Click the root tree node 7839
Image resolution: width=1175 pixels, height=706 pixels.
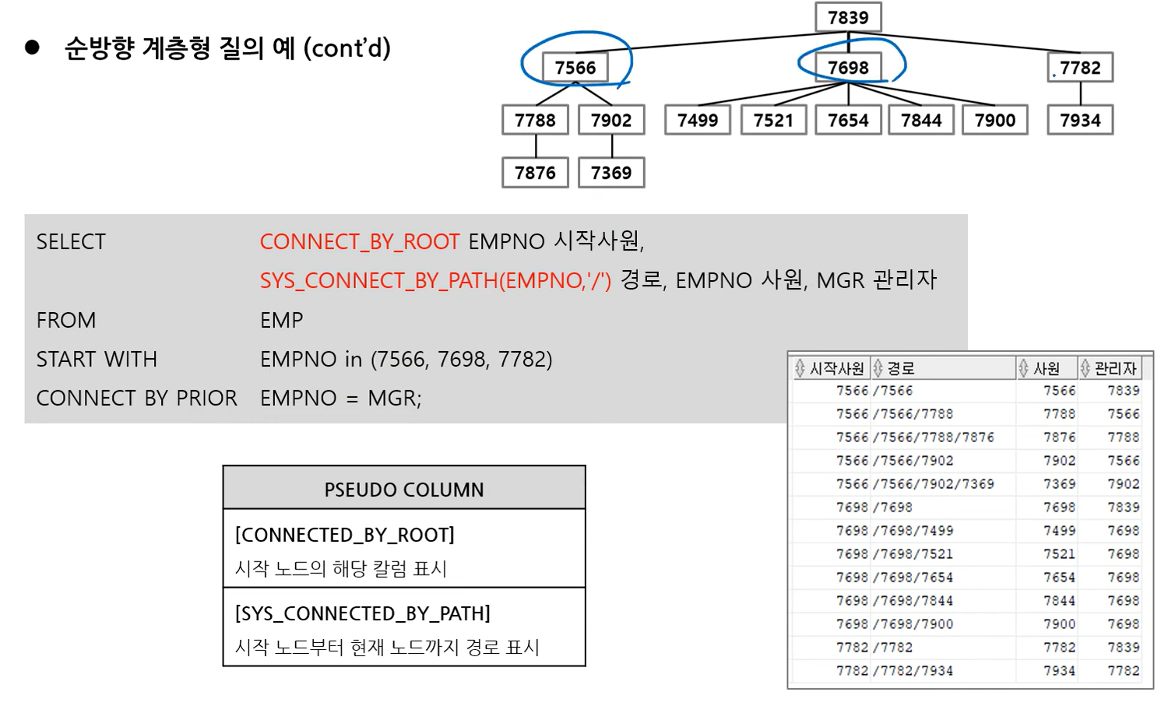click(848, 17)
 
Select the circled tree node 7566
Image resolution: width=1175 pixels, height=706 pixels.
click(575, 68)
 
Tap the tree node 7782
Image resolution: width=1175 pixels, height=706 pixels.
click(1080, 68)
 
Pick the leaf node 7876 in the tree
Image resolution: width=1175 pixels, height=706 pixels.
click(535, 172)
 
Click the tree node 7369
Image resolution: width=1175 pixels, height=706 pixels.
click(611, 172)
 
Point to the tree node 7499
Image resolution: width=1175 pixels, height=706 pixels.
click(698, 120)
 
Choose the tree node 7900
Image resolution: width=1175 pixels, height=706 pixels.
click(995, 120)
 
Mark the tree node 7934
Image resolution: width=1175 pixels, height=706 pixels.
click(1080, 120)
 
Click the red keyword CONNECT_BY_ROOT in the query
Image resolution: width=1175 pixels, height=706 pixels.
click(360, 241)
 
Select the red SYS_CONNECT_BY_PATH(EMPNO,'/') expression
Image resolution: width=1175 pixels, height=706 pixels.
click(435, 280)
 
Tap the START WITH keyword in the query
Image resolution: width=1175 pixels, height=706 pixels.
click(97, 359)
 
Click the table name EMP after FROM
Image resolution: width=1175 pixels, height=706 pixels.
click(282, 320)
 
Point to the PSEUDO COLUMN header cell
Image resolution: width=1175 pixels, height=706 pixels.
click(404, 489)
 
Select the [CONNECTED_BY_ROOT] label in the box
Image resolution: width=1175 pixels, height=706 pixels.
click(345, 535)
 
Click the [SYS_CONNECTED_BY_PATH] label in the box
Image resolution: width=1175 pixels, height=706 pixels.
click(363, 613)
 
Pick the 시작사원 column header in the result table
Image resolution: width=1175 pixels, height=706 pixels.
click(836, 368)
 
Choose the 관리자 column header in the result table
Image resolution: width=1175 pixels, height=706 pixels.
click(1115, 368)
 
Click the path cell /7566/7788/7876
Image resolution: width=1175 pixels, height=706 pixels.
click(934, 437)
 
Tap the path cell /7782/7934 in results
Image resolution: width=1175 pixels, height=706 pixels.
click(913, 671)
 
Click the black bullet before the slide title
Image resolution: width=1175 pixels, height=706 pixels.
click(32, 47)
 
